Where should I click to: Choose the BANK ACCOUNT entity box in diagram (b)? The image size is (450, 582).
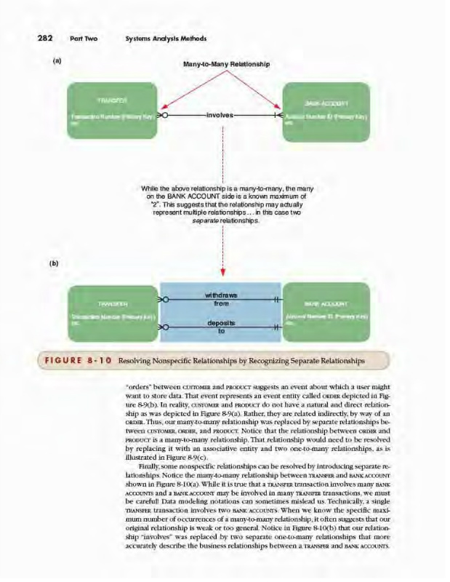tap(326, 313)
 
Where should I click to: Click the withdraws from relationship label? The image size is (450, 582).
tap(222, 299)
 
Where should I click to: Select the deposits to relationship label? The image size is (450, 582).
tap(222, 325)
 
